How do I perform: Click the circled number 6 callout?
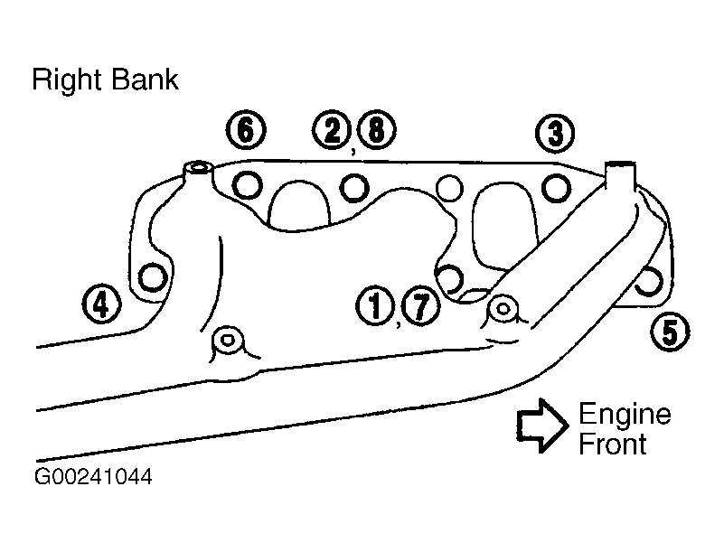pos(246,130)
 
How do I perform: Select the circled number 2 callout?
pos(332,130)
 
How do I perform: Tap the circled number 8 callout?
pos(376,130)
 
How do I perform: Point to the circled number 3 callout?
pos(555,133)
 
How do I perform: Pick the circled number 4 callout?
pos(101,304)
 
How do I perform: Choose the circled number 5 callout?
pos(670,332)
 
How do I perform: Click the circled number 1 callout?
pos(375,305)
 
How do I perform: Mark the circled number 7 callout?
pos(420,305)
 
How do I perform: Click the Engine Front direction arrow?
pos(542,426)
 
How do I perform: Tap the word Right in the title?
pos(68,81)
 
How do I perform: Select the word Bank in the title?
pos(145,79)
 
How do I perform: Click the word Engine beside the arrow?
pos(625,416)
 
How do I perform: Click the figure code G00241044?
pos(93,477)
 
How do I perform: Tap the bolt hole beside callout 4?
pos(153,277)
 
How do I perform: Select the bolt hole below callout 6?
pos(247,185)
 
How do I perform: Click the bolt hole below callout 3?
pos(556,188)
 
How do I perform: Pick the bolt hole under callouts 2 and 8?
pos(354,188)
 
